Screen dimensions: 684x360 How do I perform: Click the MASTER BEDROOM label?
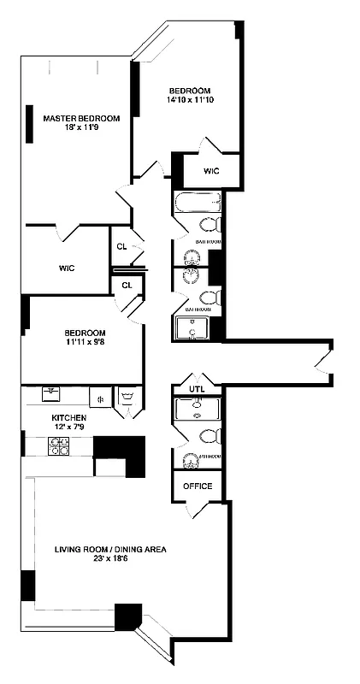coord(81,118)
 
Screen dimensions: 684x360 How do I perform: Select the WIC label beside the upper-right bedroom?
coord(211,171)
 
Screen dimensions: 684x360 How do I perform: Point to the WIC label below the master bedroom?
coord(67,268)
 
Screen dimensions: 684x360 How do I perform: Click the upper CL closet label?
coord(121,247)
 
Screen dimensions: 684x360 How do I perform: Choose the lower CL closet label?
coord(127,285)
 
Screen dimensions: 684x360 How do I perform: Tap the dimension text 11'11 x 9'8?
coord(85,342)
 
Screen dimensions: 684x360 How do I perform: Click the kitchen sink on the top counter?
coord(51,394)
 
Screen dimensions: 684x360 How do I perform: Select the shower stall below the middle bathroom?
coord(193,327)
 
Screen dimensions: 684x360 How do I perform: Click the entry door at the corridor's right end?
coord(321,366)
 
